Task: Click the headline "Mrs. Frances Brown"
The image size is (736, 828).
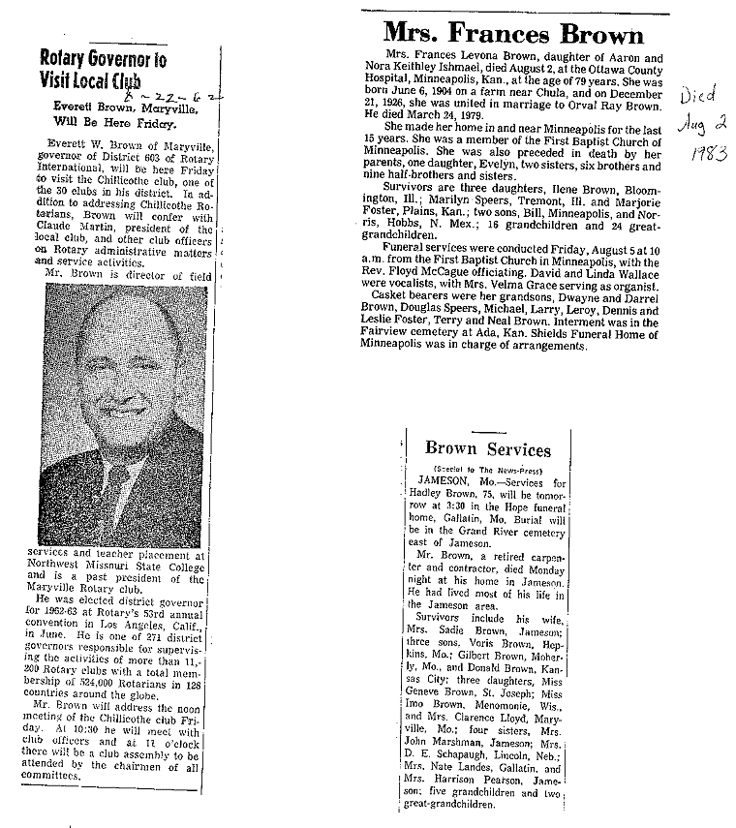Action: coord(512,35)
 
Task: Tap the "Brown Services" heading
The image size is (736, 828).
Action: coord(488,449)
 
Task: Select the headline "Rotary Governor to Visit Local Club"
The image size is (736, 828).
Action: coord(102,69)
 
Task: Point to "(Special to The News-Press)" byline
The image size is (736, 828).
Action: coord(487,468)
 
